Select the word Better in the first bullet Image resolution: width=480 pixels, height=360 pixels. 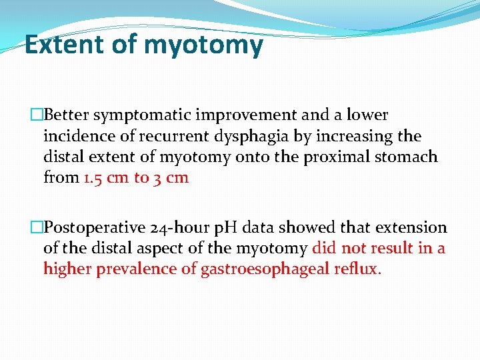click(66, 115)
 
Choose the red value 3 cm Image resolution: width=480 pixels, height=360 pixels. click(171, 177)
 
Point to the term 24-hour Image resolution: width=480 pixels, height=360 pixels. click(179, 227)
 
